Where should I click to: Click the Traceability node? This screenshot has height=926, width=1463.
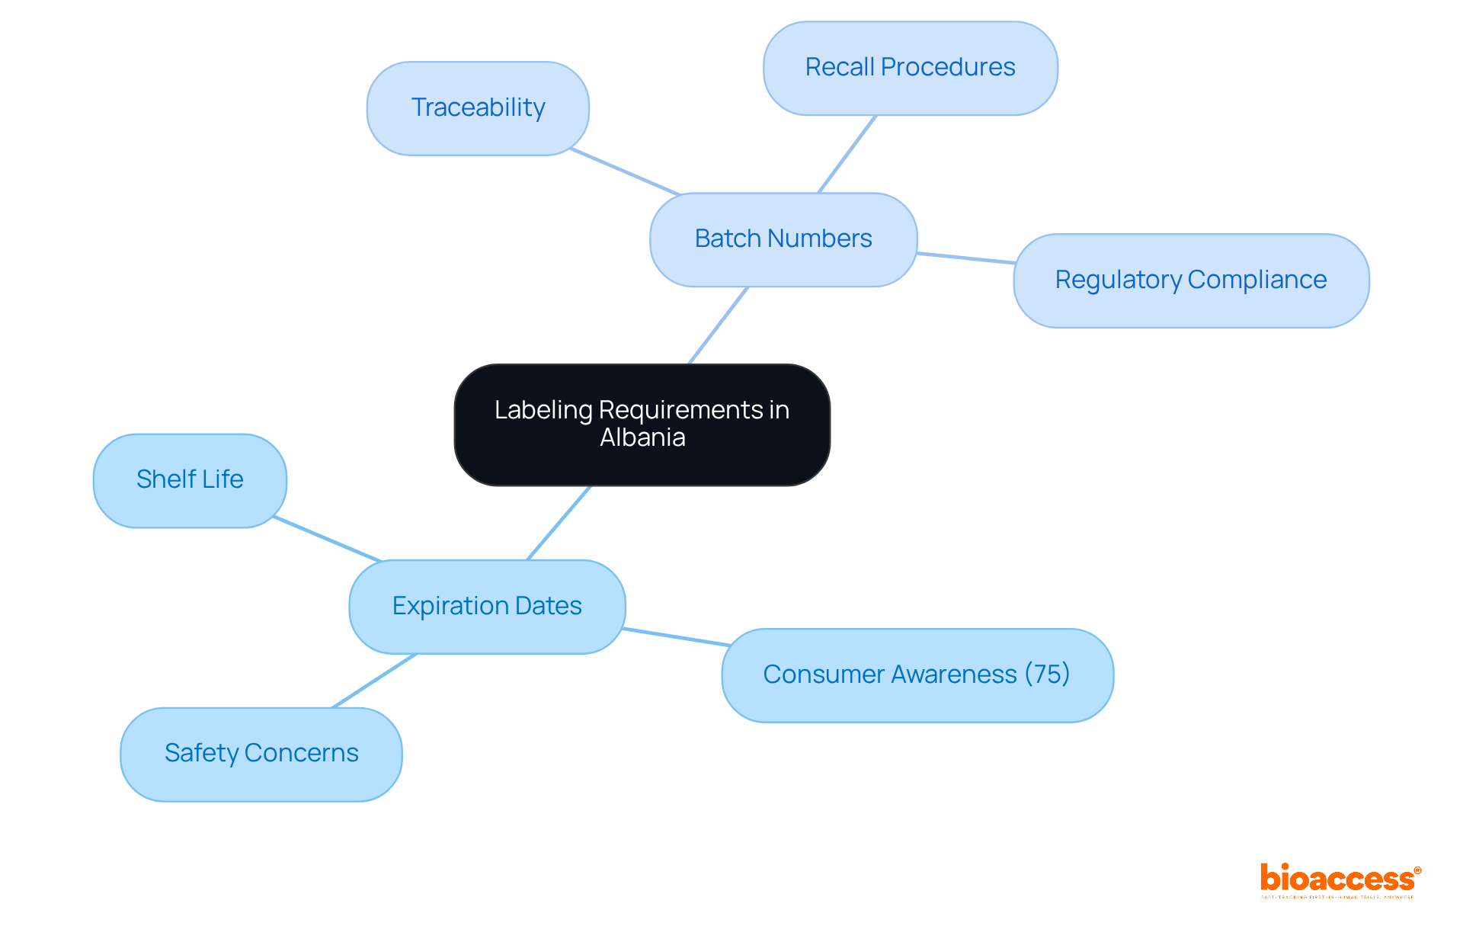pyautogui.click(x=478, y=108)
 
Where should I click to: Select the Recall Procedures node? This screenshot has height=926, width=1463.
pyautogui.click(x=910, y=68)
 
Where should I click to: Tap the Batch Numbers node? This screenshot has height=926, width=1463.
pyautogui.click(x=783, y=239)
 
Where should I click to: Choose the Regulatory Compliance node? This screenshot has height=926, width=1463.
pyautogui.click(x=1190, y=280)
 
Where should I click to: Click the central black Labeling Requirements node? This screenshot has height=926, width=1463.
pyautogui.click(x=642, y=424)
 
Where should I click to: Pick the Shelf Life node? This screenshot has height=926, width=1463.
pyautogui.click(x=190, y=480)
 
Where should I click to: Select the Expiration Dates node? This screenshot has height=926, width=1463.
pyautogui.click(x=487, y=607)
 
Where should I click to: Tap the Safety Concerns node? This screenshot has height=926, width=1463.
pyautogui.click(x=261, y=754)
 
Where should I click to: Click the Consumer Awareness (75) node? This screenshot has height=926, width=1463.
pyautogui.click(x=917, y=675)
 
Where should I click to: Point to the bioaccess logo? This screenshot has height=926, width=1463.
pyautogui.click(x=1340, y=880)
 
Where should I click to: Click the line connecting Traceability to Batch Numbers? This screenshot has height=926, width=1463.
pyautogui.click(x=625, y=171)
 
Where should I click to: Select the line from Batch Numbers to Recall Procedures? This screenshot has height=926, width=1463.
pyautogui.click(x=847, y=154)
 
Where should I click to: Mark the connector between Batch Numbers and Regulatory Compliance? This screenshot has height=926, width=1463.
pyautogui.click(x=965, y=258)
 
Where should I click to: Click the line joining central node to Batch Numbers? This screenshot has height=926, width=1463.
pyautogui.click(x=719, y=325)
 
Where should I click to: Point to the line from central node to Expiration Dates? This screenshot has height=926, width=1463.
pyautogui.click(x=559, y=523)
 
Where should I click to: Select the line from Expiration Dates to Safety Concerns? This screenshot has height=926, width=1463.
pyautogui.click(x=374, y=681)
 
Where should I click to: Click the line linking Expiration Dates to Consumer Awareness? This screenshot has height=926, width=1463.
pyautogui.click(x=676, y=637)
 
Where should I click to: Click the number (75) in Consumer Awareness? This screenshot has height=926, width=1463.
pyautogui.click(x=1047, y=674)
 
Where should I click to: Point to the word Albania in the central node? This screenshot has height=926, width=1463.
pyautogui.click(x=642, y=438)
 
